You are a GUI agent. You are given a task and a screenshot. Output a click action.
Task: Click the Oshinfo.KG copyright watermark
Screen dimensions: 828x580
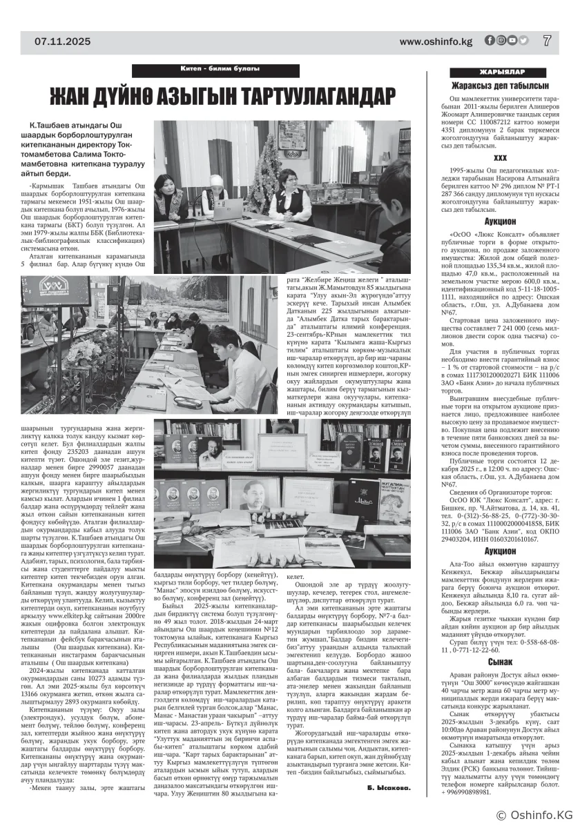pos(531,815)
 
